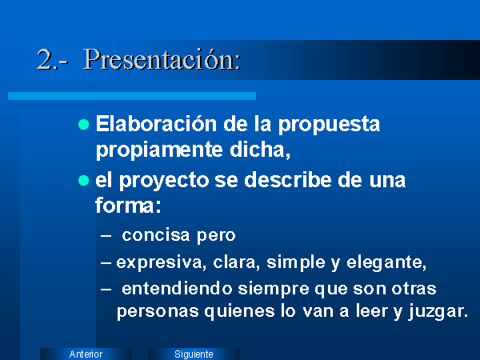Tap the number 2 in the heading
(45, 60)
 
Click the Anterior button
(86, 354)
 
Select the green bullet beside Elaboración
(83, 125)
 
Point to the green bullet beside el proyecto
(83, 180)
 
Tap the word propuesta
(329, 126)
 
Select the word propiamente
(159, 150)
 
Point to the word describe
(288, 179)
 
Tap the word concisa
(156, 235)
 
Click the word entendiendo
(177, 289)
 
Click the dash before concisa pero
(106, 236)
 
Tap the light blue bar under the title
(132, 96)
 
